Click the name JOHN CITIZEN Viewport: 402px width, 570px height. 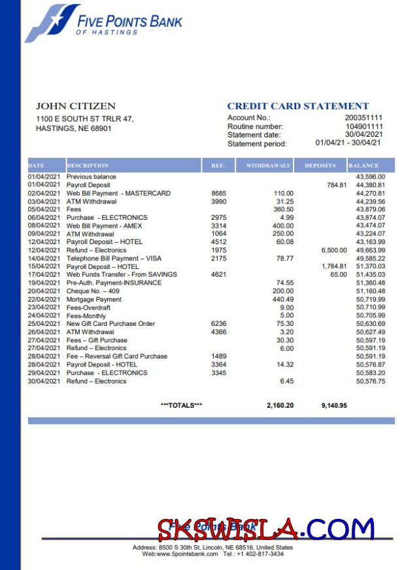coord(75,106)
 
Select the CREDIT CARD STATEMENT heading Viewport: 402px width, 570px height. coord(297,106)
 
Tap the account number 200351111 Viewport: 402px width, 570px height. coord(363,118)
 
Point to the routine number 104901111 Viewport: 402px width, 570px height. coord(363,126)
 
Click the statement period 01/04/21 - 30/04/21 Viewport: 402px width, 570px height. coord(348,143)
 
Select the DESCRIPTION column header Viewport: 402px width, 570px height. coord(88,166)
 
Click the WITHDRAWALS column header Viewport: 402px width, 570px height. coord(267,166)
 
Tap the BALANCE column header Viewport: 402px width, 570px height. coord(363,166)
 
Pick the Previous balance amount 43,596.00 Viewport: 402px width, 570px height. coord(370,177)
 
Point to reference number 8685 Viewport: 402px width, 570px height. coord(219,193)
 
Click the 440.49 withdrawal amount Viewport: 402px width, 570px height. coord(283,299)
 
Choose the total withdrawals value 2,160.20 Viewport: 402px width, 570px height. coord(280,406)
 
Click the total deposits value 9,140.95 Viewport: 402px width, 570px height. coord(334,406)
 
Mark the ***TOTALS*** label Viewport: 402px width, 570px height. coord(181,406)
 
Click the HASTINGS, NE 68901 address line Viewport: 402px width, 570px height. coord(73,129)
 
